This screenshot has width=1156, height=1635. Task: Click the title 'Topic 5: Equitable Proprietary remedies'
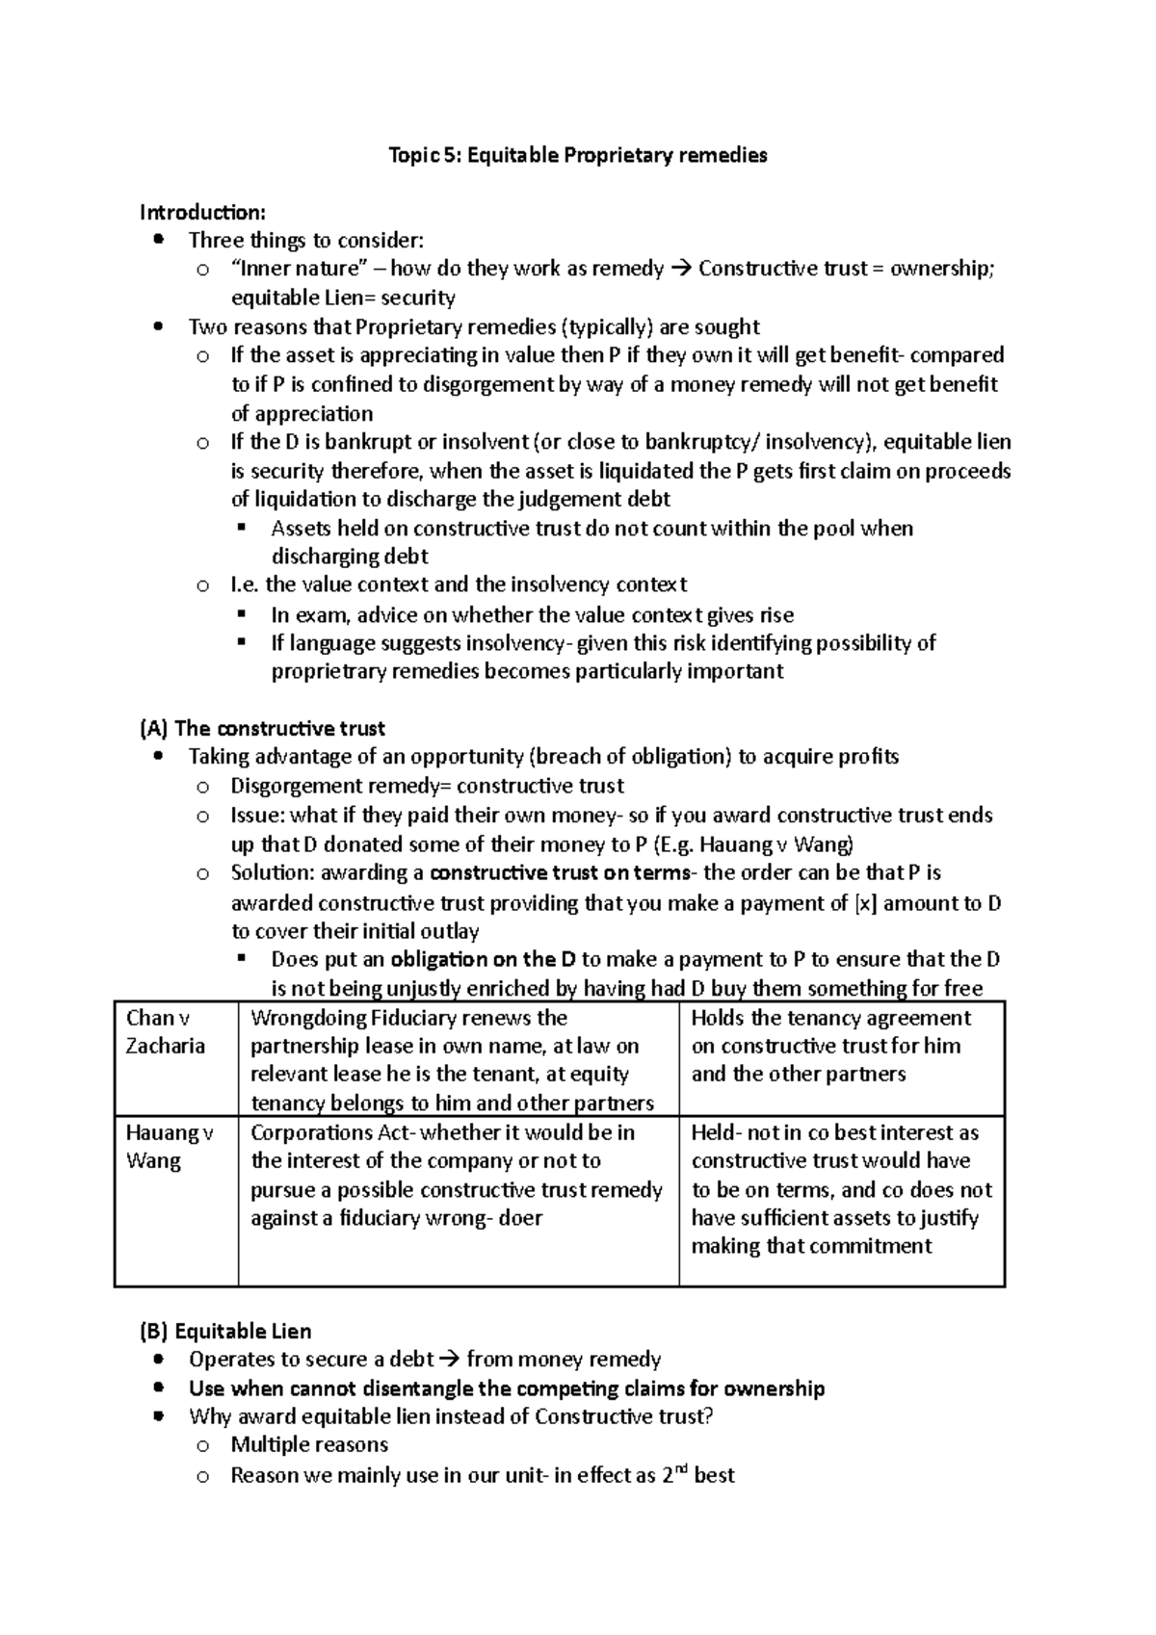click(x=577, y=155)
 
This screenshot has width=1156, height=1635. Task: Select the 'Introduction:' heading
click(x=202, y=212)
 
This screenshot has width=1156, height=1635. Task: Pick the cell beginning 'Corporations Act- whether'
click(x=457, y=1175)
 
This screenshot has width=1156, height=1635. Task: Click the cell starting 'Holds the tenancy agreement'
click(x=831, y=1046)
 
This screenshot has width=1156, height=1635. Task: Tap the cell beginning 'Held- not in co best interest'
click(x=841, y=1189)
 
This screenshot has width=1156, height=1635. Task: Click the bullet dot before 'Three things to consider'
click(x=159, y=240)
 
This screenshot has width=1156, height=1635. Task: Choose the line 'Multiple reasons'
click(x=308, y=1444)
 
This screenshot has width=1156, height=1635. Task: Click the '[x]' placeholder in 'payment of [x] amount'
click(x=865, y=903)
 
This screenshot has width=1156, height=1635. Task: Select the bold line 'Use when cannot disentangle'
click(x=507, y=1388)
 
